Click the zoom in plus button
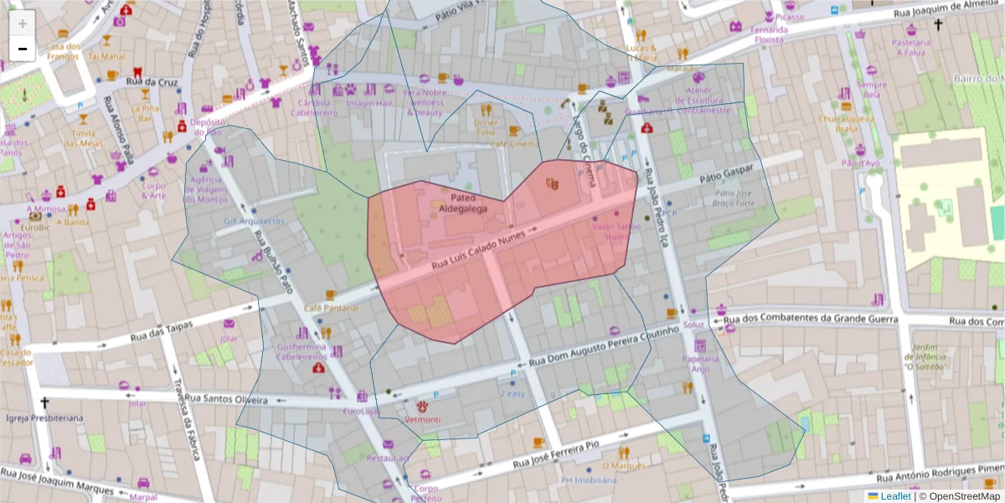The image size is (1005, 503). (23, 23)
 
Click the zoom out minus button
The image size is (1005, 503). (23, 49)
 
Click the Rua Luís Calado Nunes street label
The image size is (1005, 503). (478, 251)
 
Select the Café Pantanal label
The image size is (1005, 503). (331, 309)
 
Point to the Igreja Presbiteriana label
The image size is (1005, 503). (44, 417)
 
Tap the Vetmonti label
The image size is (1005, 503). (423, 418)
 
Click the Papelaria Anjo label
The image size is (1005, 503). (700, 363)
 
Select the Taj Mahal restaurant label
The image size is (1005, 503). (106, 56)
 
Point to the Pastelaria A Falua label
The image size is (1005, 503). (912, 46)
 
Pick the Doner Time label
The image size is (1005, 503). (485, 127)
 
